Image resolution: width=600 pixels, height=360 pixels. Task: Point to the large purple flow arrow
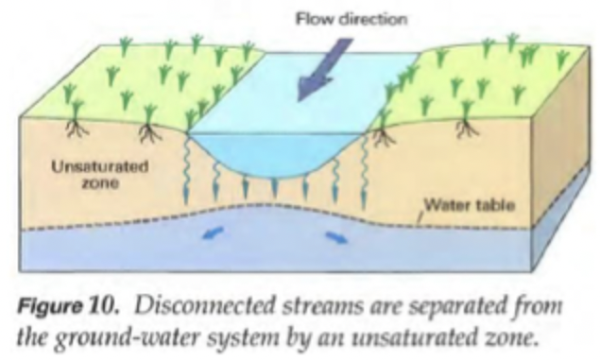click(x=320, y=66)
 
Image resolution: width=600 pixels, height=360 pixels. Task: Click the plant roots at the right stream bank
click(x=384, y=137)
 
